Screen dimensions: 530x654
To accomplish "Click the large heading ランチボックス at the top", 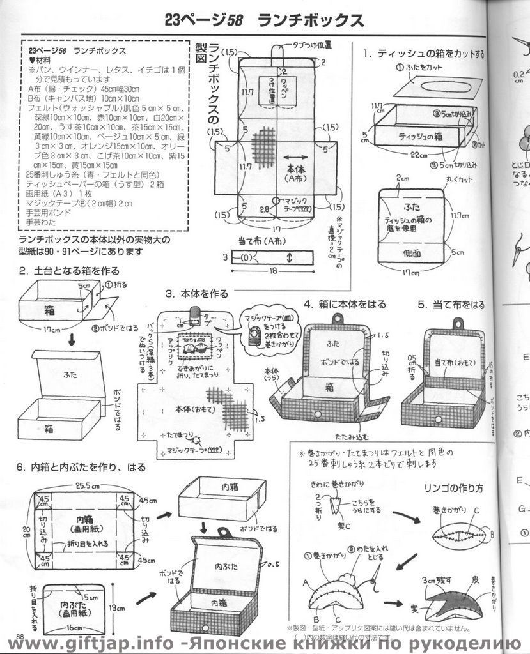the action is point(311,20).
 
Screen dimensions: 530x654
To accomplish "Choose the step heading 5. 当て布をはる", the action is point(451,305).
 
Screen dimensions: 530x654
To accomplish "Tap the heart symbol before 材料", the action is point(33,59).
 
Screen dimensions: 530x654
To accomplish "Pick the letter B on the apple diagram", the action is point(491,534).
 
